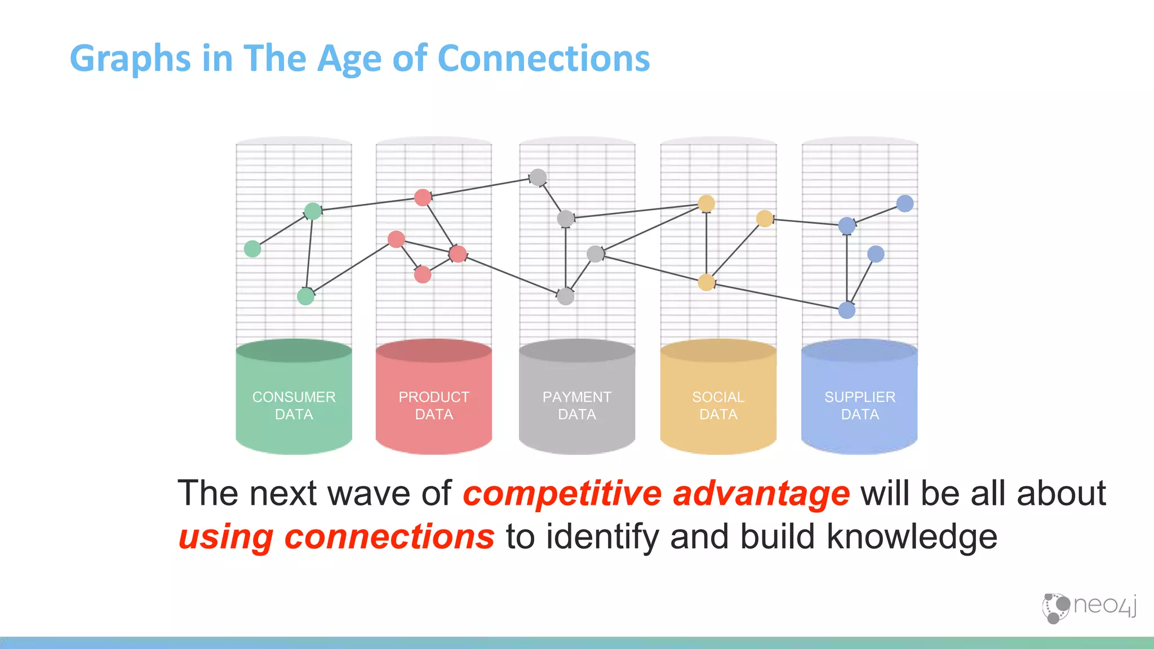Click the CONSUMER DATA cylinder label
pos(294,406)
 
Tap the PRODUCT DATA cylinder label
pos(434,406)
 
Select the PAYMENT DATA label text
pos(576,406)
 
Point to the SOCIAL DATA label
pos(718,406)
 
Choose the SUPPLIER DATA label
pos(859,406)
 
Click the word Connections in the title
pos(543,58)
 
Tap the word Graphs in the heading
pos(130,59)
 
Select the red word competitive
pos(562,494)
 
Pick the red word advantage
pos(761,494)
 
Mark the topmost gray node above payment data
pos(538,177)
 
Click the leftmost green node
pos(252,248)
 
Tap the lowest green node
pos(305,296)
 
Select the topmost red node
pos(423,197)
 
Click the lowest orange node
pos(706,282)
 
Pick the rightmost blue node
pos(904,203)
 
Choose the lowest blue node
pos(846,310)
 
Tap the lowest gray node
pos(565,296)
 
